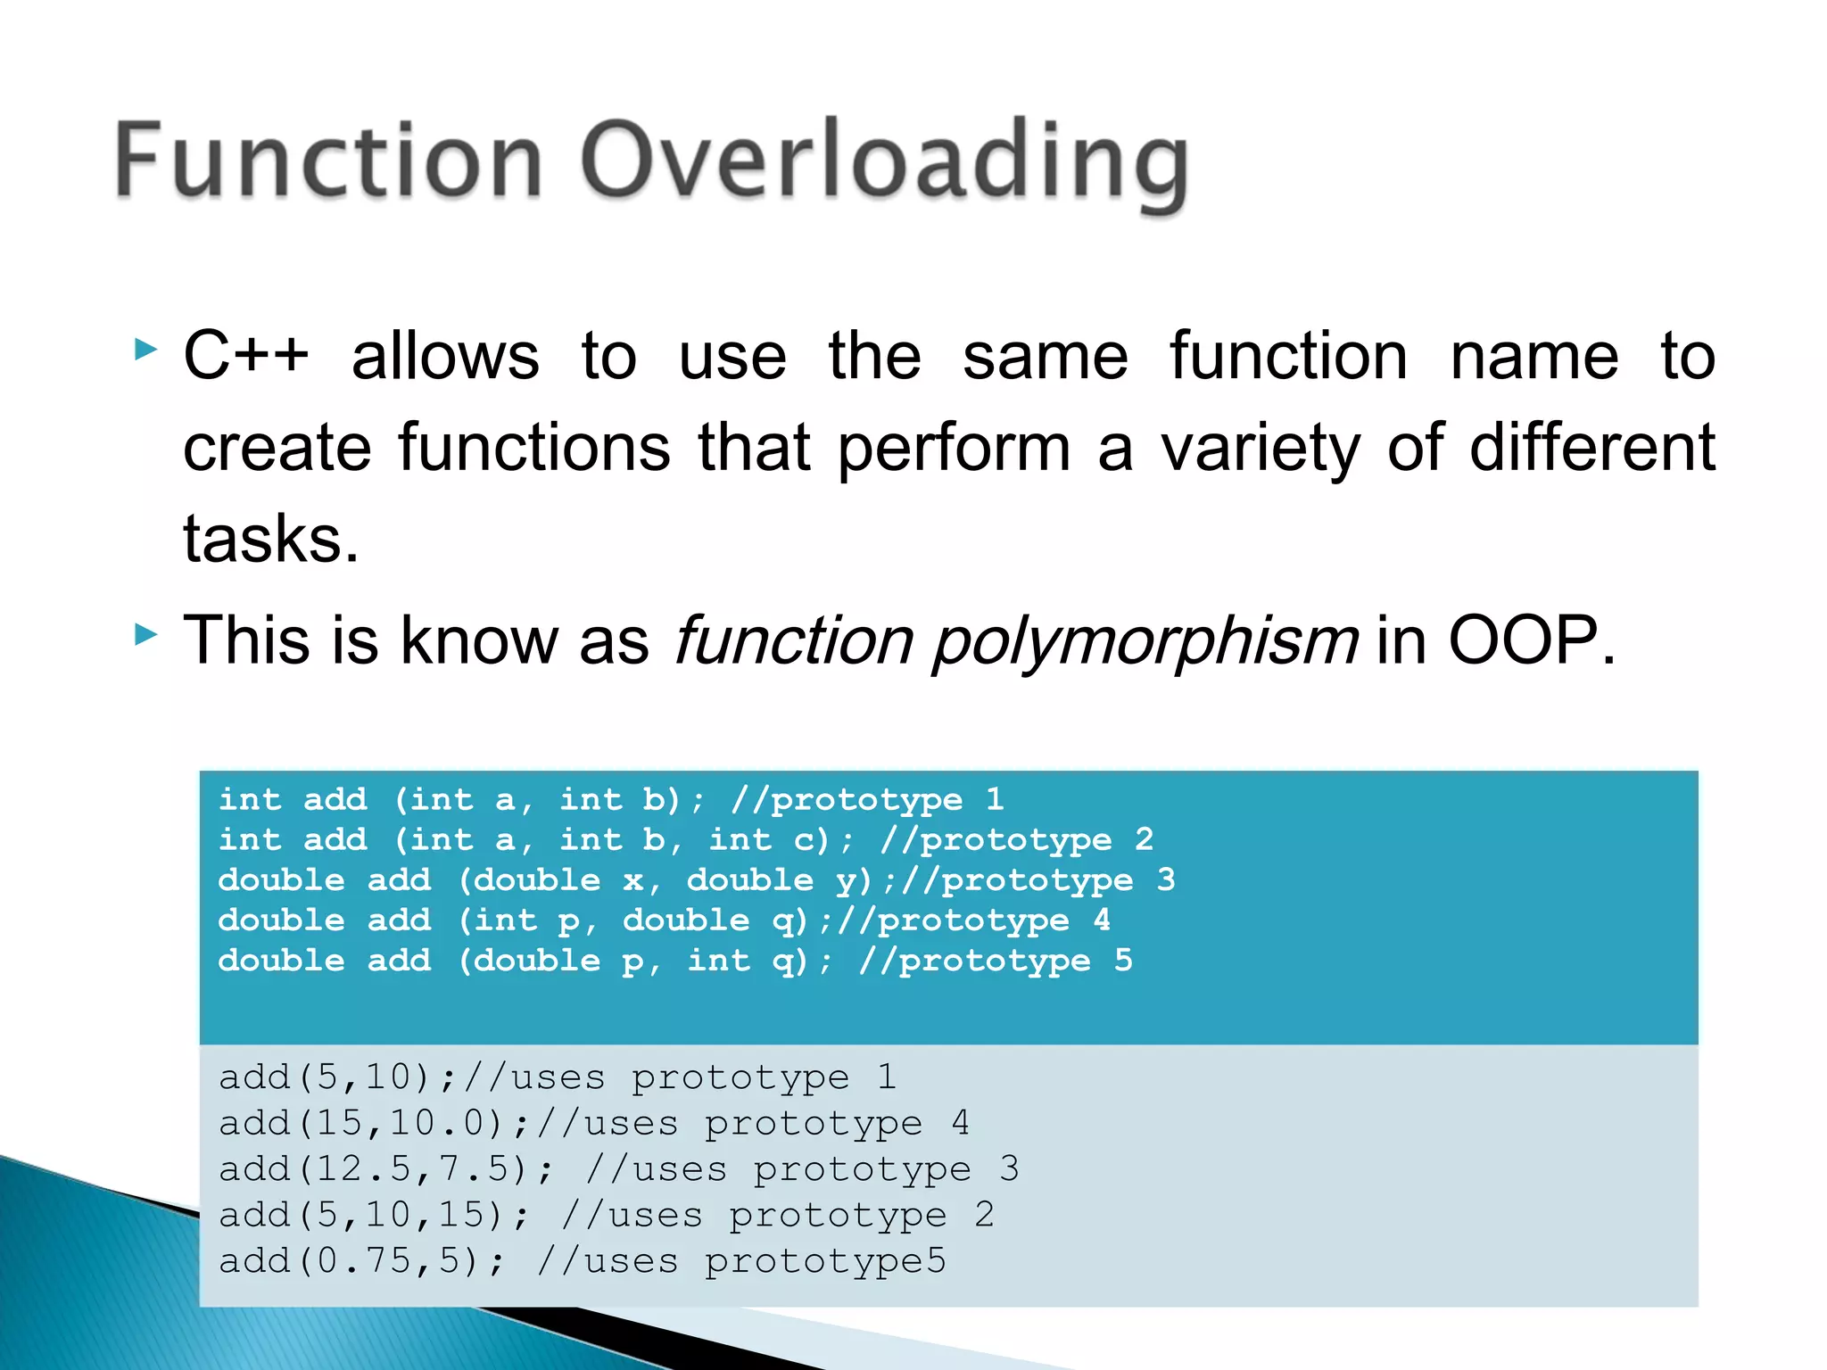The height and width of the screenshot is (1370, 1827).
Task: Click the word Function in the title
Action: pos(328,161)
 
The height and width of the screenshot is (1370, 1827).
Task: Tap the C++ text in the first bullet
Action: pos(246,355)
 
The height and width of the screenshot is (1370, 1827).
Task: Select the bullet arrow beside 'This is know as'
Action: pos(145,635)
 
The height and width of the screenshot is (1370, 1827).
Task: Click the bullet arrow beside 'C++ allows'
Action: pos(145,349)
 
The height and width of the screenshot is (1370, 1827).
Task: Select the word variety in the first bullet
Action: pos(1260,449)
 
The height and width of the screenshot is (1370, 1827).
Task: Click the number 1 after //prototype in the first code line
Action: pos(995,799)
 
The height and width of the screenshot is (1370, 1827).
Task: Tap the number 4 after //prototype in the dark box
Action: pos(1102,920)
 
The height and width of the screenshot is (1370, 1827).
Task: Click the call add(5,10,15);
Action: pos(374,1215)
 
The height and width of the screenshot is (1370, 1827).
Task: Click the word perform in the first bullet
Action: pos(953,449)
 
